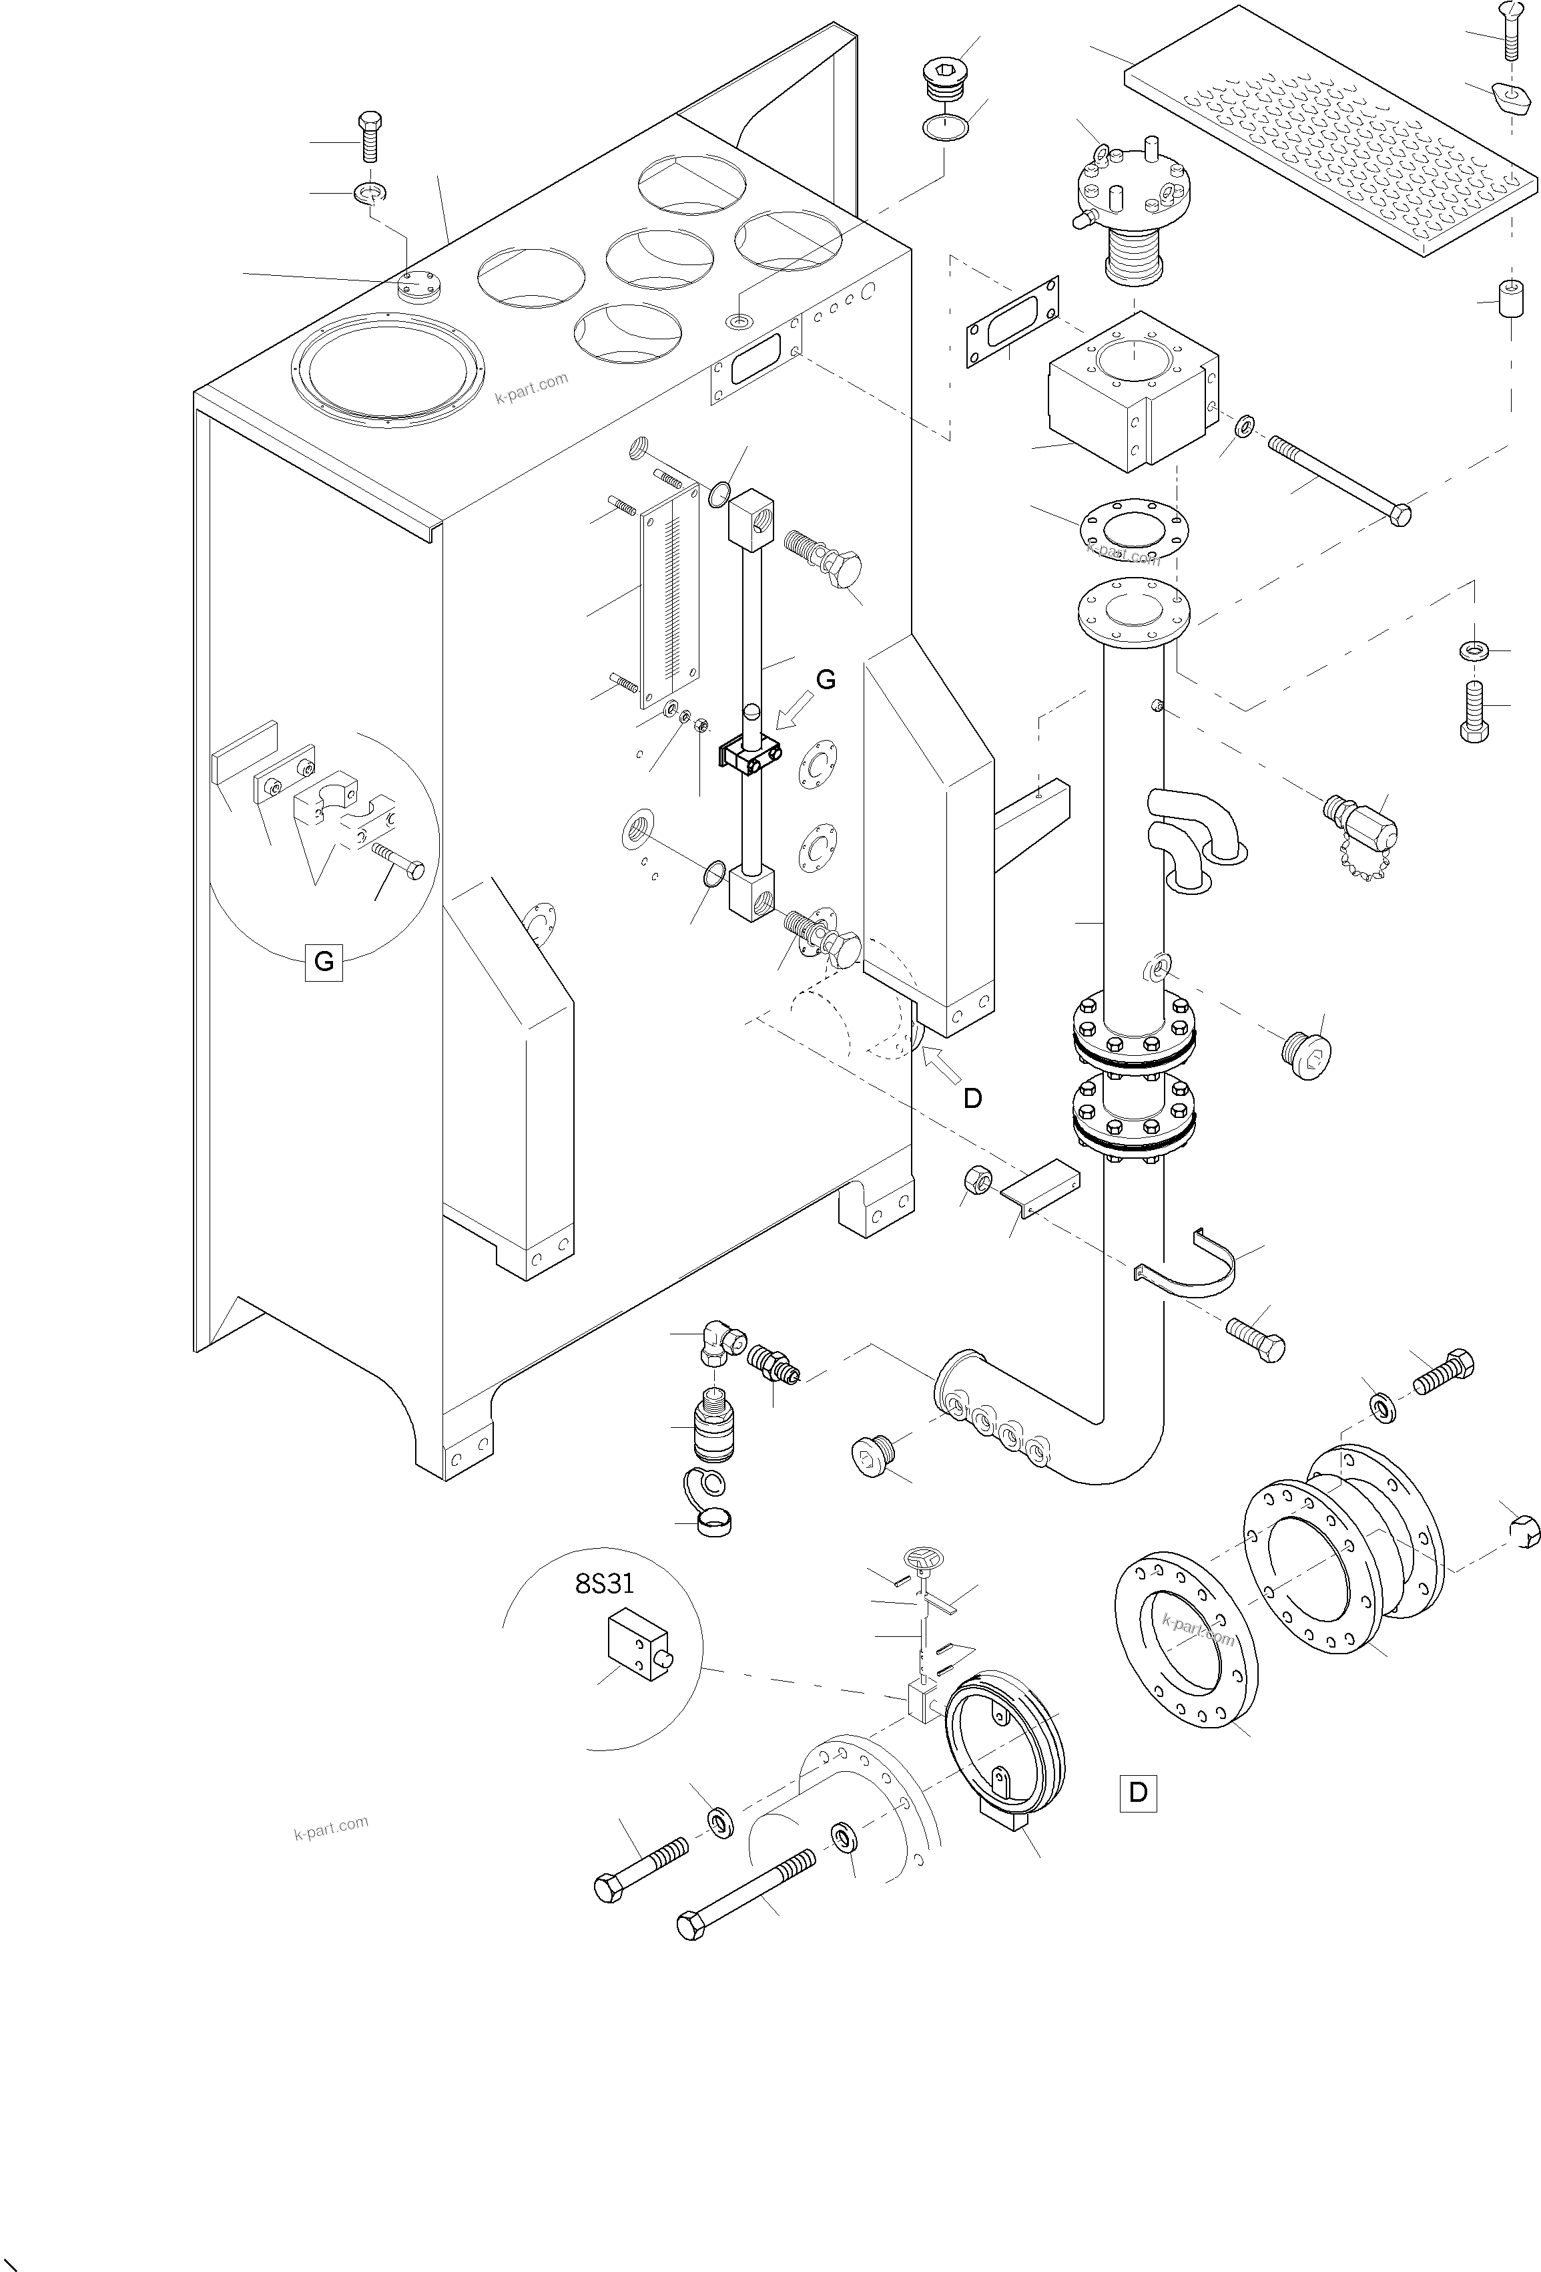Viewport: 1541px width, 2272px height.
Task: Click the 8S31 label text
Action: pyautogui.click(x=604, y=1585)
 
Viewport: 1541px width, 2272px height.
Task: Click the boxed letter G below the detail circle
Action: pyautogui.click(x=324, y=962)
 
